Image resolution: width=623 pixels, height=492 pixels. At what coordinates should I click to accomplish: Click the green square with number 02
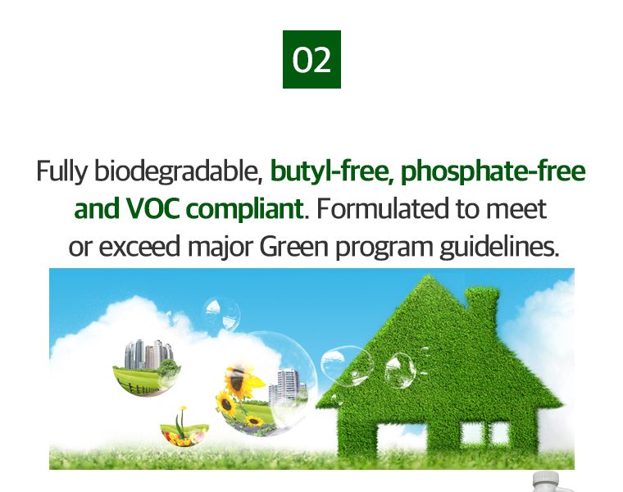click(311, 59)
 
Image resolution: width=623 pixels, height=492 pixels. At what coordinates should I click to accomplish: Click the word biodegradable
click(179, 171)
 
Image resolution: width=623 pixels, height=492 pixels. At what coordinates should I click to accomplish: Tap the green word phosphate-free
click(493, 171)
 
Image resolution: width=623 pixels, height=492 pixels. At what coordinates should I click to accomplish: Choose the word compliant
click(245, 209)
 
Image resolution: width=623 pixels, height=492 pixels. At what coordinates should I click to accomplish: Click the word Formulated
click(382, 209)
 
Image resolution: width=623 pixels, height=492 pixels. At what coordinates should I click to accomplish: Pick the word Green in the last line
click(294, 246)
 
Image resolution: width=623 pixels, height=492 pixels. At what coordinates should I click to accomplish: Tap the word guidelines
click(499, 247)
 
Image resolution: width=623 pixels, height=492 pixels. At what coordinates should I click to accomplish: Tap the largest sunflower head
click(238, 380)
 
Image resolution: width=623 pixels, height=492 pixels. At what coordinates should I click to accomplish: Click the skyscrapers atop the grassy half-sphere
click(148, 353)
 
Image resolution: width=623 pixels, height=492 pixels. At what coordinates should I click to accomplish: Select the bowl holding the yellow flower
click(184, 434)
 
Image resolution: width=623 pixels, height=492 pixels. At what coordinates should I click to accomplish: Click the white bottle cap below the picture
click(546, 481)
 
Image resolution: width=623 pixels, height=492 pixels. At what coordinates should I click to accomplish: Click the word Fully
click(61, 171)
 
